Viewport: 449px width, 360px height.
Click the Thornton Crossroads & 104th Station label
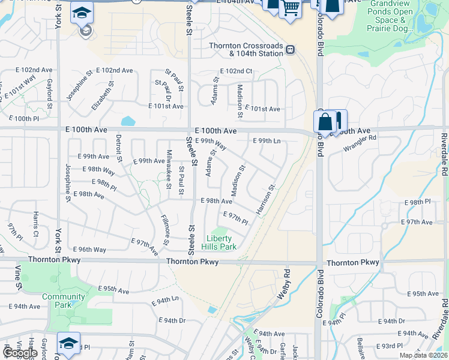point(246,49)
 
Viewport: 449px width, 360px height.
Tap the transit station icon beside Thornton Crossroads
point(290,49)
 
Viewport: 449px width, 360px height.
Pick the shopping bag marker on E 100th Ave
point(325,122)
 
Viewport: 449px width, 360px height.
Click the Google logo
point(20,353)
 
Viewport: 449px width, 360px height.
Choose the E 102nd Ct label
point(237,71)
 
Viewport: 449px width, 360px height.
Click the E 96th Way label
point(89,249)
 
